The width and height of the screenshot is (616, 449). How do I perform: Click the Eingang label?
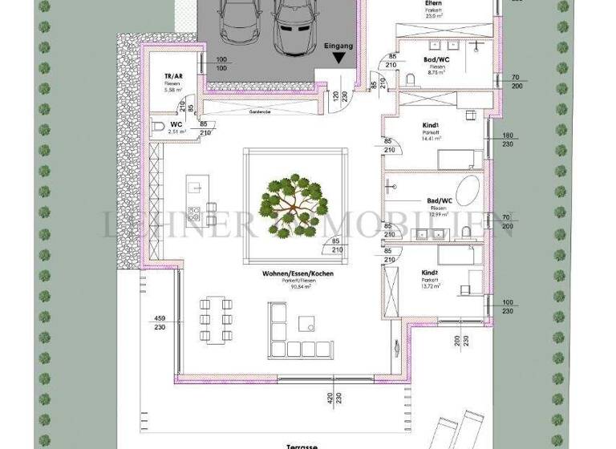[338, 47]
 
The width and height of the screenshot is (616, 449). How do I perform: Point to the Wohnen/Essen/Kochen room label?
[297, 273]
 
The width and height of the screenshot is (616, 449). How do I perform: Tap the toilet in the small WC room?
[158, 127]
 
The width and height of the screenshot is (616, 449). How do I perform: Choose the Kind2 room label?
[431, 273]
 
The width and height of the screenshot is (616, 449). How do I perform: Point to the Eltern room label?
[434, 4]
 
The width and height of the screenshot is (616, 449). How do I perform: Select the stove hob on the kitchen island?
[193, 213]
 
